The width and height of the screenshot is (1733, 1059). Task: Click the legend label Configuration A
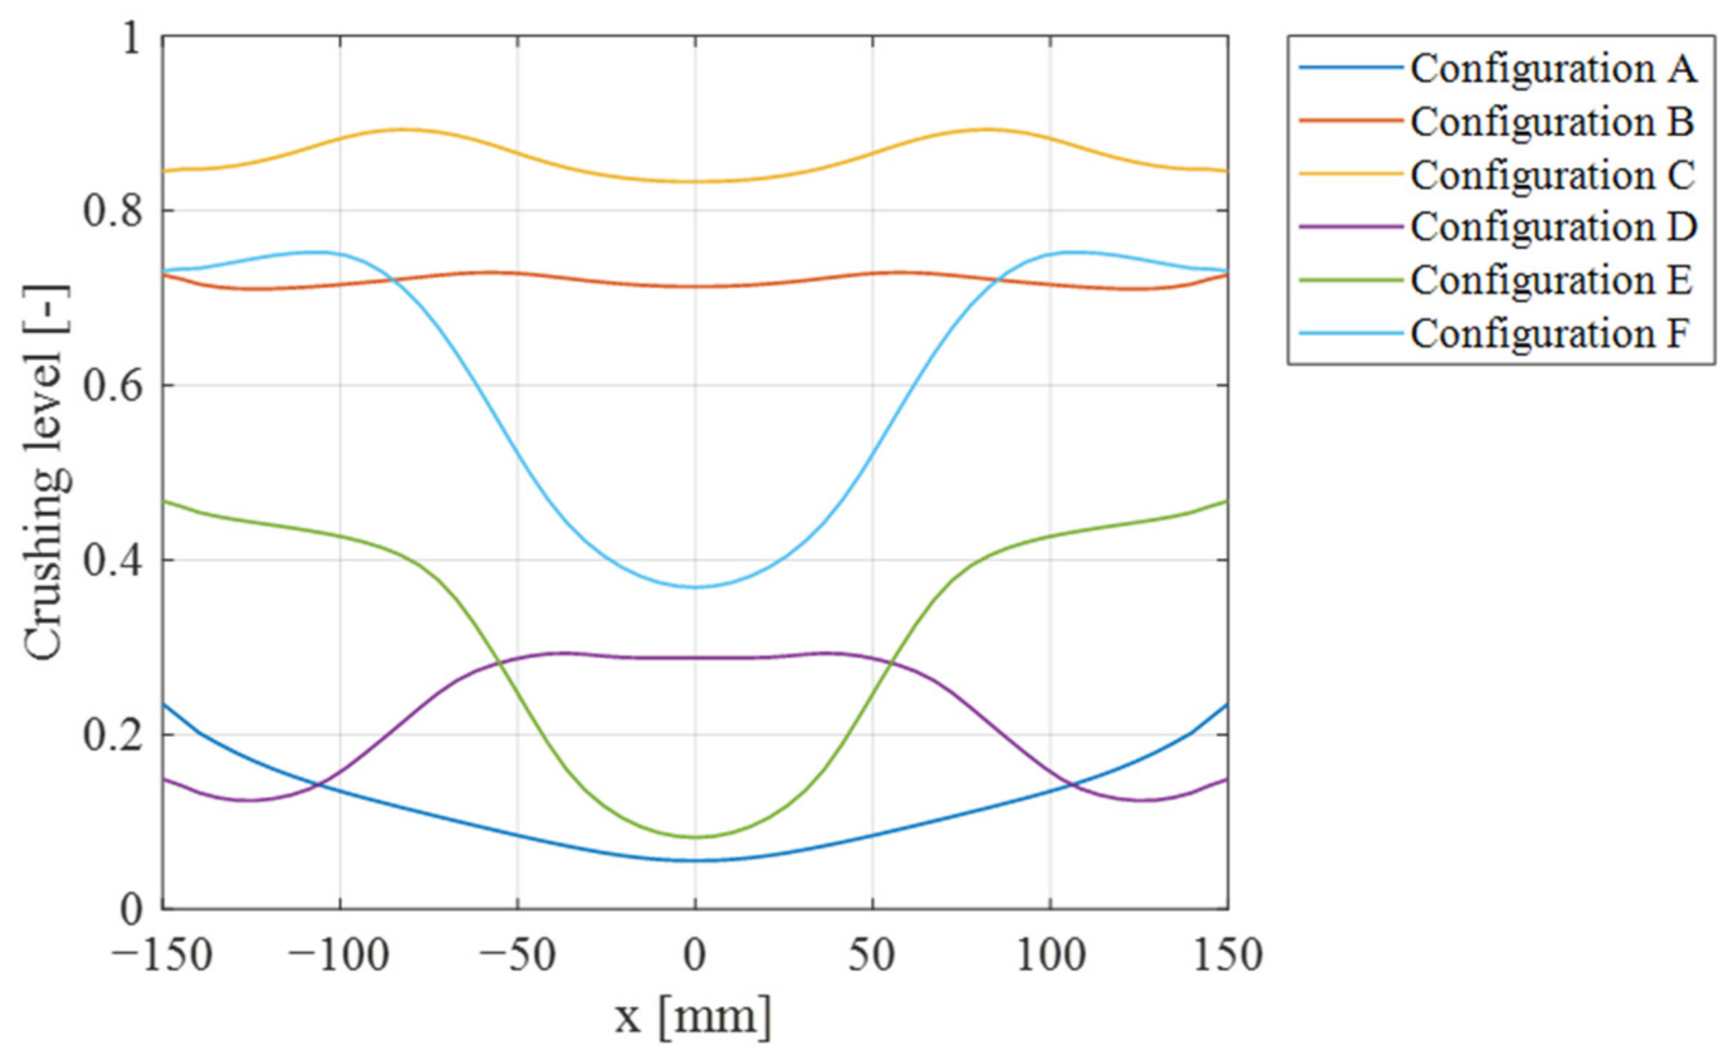pos(1553,69)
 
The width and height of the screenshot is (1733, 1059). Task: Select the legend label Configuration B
pos(1552,122)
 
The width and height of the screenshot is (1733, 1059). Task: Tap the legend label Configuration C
pos(1552,175)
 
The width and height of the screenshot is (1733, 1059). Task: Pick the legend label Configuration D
pos(1553,228)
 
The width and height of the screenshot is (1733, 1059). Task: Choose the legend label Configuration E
pos(1551,281)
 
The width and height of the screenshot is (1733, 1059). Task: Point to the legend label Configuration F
pos(1549,333)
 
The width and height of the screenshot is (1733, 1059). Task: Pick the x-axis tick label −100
pos(338,956)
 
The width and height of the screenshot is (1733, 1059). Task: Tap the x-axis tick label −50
pos(518,956)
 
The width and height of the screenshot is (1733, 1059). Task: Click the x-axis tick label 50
pos(872,956)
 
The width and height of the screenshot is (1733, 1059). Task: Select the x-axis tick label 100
pos(1050,956)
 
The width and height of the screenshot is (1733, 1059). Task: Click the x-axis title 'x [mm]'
pos(694,1016)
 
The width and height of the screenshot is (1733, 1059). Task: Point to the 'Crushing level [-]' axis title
pos(46,473)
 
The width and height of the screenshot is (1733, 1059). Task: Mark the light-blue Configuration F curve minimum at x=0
pos(695,587)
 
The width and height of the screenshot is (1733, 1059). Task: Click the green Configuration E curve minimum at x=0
pos(695,837)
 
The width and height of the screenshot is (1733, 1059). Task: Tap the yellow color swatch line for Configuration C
pos(1350,174)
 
